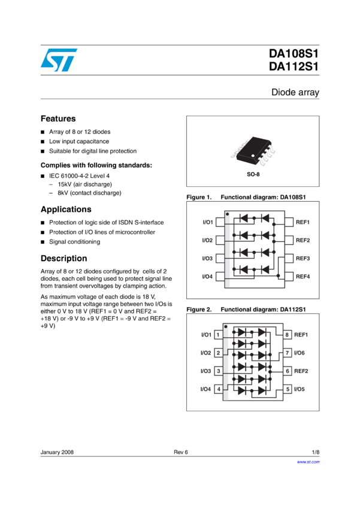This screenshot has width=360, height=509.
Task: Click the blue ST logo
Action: coord(59,60)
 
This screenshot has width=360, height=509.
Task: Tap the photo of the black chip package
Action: coord(252,151)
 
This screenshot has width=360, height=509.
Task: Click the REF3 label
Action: coord(302,258)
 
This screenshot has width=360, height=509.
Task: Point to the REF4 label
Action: coord(302,276)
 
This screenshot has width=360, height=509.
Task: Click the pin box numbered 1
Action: coord(218,335)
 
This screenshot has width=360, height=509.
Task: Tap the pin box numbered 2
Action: coord(218,353)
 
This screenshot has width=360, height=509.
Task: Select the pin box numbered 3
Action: coord(218,371)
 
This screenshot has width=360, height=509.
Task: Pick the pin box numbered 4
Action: coord(218,389)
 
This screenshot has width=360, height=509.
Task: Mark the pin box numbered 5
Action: coord(288,389)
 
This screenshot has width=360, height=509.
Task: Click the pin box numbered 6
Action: coord(288,371)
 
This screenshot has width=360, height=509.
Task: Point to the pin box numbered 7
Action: coord(288,353)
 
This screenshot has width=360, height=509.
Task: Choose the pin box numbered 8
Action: coord(288,335)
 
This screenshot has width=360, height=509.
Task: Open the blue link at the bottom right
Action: coord(308,462)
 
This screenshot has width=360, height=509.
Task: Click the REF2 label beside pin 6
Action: coord(301,371)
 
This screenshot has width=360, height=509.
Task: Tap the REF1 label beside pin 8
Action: coord(301,335)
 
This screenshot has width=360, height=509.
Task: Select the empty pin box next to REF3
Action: coord(289,258)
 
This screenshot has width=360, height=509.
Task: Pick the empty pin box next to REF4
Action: coord(289,276)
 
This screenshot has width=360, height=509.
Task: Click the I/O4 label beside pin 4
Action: coord(205,389)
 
